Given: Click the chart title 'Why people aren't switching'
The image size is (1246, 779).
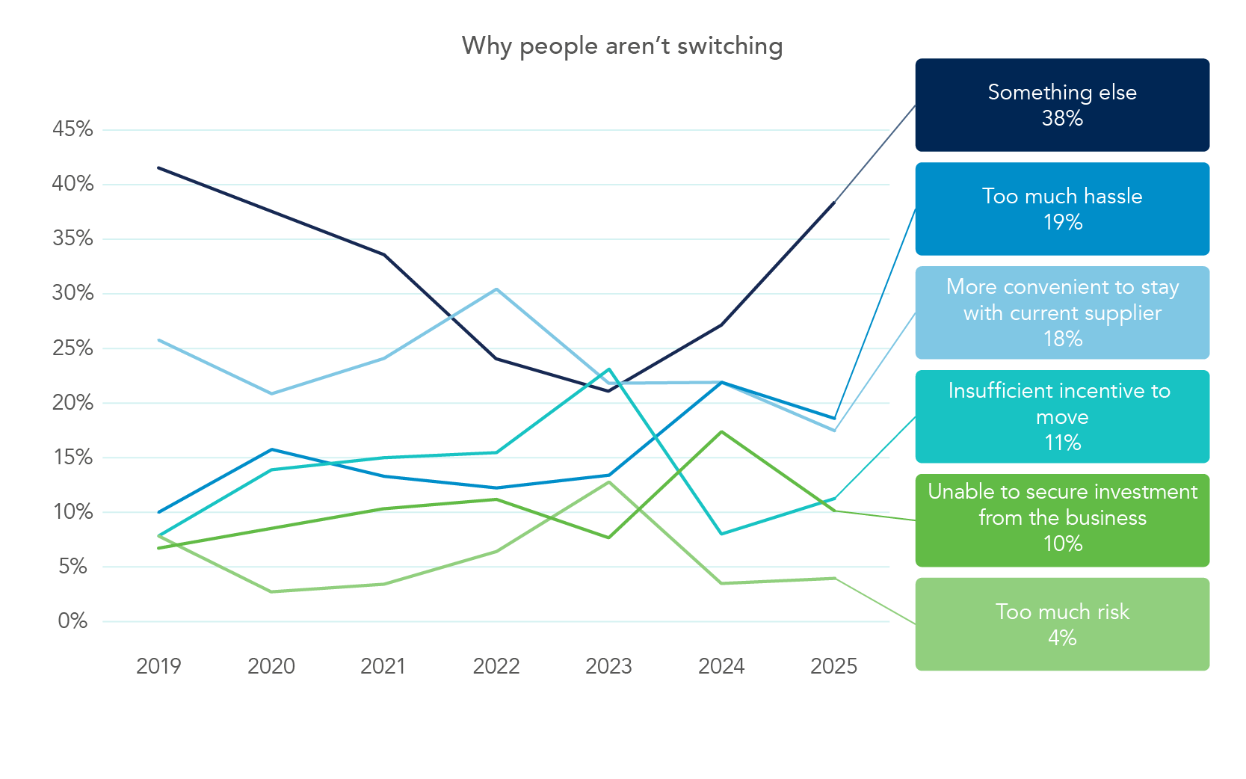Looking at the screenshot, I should tap(622, 46).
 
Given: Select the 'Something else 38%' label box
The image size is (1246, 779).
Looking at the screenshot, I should tap(1061, 105).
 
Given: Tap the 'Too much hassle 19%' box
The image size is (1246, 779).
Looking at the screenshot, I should tap(1061, 209).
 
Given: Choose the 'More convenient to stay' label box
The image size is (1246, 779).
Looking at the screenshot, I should tap(1061, 312).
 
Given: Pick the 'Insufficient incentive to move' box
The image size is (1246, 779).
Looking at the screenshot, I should tap(1061, 416).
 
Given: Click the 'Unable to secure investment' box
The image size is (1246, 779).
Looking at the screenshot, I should tap(1061, 520).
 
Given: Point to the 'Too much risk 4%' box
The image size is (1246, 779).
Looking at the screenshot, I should tap(1061, 624).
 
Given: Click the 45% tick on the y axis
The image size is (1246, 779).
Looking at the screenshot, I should tap(73, 129).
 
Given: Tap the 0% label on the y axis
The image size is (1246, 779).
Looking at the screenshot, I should tap(73, 621).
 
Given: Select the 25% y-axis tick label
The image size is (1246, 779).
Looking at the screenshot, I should tap(73, 348).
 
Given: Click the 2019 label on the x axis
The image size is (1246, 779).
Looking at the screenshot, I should tap(158, 666).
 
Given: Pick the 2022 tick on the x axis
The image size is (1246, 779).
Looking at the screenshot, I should tap(496, 666).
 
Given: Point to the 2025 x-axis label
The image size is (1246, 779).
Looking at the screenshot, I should tap(834, 666).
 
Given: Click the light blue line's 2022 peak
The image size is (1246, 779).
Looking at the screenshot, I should tap(496, 289).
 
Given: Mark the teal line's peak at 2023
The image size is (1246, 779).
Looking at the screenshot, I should tap(609, 369).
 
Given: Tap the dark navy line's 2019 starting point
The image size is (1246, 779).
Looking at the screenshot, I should tap(159, 168).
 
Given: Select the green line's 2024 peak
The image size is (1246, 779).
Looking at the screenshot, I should tap(721, 431).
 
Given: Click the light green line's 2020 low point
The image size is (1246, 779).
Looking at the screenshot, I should tap(271, 591).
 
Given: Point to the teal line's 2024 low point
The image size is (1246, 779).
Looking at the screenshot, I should tap(721, 534).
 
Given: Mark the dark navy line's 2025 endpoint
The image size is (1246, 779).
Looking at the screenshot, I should tap(834, 203).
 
